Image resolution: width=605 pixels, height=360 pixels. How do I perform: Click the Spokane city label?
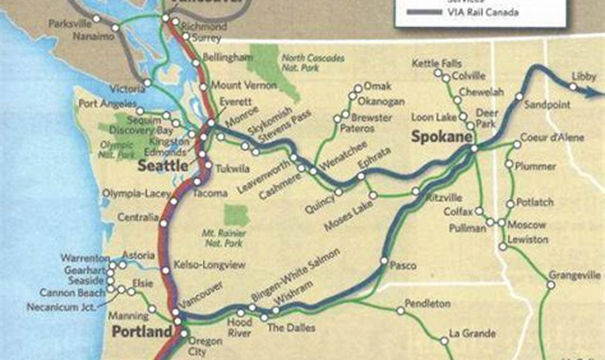pyautogui.click(x=441, y=137)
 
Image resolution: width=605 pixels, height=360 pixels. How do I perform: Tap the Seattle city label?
pyautogui.click(x=163, y=165)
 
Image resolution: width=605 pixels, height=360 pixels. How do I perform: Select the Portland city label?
pyautogui.click(x=142, y=332)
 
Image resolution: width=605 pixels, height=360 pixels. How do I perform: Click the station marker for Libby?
pyautogui.click(x=573, y=87)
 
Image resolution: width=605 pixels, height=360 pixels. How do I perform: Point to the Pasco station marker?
pyautogui.click(x=384, y=261)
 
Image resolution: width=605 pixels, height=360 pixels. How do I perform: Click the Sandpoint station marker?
pyautogui.click(x=519, y=97)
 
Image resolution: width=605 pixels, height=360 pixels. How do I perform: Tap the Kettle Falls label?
pyautogui.click(x=436, y=63)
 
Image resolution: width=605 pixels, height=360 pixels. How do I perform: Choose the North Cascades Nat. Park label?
pyautogui.click(x=313, y=63)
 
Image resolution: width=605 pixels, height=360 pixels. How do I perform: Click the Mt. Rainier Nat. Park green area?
pyautogui.click(x=237, y=215)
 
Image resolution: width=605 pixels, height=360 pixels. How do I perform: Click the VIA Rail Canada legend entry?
pyautogui.click(x=482, y=12)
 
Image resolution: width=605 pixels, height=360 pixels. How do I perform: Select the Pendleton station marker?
pyautogui.click(x=400, y=311)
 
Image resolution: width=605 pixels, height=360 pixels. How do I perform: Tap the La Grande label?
pyautogui.click(x=472, y=333)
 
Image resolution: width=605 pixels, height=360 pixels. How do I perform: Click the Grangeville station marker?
pyautogui.click(x=551, y=285)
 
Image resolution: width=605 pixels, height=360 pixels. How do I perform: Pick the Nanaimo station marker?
pyautogui.click(x=115, y=28)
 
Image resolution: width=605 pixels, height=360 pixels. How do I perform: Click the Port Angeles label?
pyautogui.click(x=107, y=103)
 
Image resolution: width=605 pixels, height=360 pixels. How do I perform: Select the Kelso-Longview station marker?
pyautogui.click(x=166, y=270)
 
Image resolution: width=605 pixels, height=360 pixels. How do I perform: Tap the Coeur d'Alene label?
pyautogui.click(x=552, y=138)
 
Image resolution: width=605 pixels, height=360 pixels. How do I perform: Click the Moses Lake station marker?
pyautogui.click(x=373, y=195)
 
